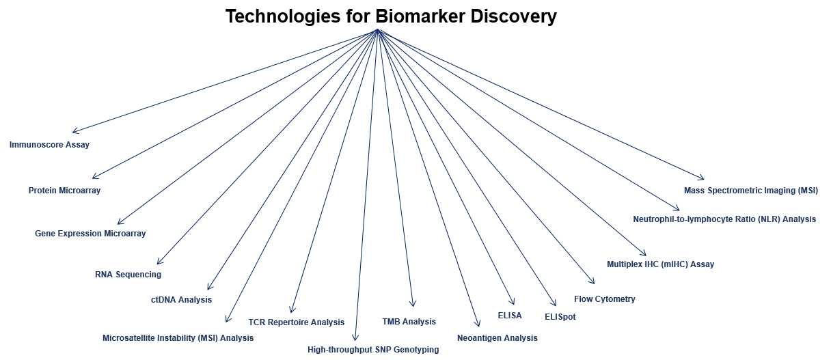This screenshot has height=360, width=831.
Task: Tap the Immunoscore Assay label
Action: (49, 145)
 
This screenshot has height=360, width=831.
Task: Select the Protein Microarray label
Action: (64, 191)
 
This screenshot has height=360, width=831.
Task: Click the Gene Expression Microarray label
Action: (90, 234)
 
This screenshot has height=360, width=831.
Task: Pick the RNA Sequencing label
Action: (128, 275)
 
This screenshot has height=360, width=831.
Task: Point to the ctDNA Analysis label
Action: (181, 300)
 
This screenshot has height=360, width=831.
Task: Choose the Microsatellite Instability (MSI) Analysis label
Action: (178, 338)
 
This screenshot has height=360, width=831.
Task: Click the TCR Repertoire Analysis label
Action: (296, 322)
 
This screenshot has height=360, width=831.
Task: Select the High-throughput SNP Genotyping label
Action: (373, 350)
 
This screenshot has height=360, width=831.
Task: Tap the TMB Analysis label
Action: (409, 322)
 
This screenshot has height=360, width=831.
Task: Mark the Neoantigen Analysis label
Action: (498, 338)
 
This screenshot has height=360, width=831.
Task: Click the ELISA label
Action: (510, 316)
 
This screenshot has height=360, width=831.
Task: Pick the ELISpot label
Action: (560, 317)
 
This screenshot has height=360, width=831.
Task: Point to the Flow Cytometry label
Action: (604, 299)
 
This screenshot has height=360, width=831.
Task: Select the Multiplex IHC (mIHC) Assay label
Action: (660, 264)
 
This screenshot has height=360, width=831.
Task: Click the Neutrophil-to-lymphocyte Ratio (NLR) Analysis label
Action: (724, 219)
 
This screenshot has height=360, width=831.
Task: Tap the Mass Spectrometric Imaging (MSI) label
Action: (750, 191)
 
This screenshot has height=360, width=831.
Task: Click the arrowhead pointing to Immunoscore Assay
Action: (74, 132)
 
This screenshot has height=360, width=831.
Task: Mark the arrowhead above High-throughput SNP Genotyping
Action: (355, 337)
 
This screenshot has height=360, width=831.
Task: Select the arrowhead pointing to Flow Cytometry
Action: (592, 281)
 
